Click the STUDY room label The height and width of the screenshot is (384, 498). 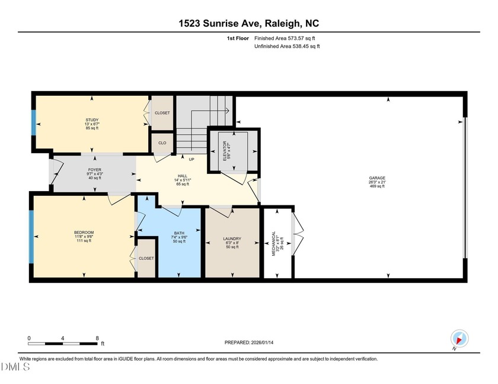[x=92, y=120]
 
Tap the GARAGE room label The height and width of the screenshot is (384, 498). [x=376, y=178]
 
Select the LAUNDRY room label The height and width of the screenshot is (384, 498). [x=232, y=239]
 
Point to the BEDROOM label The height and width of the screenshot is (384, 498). [x=84, y=232]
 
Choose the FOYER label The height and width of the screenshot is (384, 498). [x=95, y=169]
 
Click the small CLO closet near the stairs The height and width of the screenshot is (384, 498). [x=162, y=143]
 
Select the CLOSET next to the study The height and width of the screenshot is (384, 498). [x=162, y=113]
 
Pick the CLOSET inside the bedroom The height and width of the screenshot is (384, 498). [x=146, y=259]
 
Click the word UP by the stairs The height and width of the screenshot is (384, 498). [x=191, y=159]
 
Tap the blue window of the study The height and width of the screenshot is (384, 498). [x=34, y=124]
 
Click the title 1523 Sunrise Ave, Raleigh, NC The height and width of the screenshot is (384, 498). [x=248, y=24]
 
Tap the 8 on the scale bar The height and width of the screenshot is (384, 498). [x=97, y=338]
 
